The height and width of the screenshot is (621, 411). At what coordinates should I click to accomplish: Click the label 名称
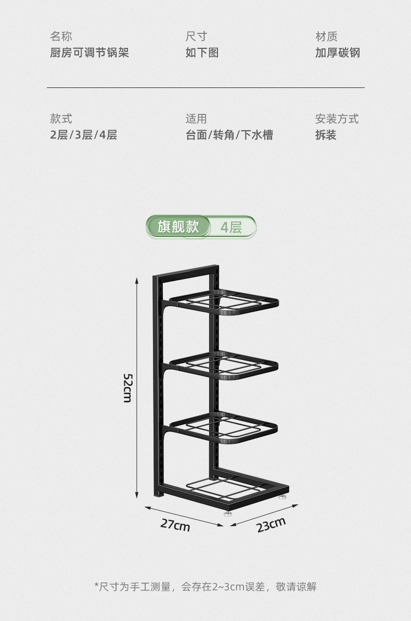tap(61, 36)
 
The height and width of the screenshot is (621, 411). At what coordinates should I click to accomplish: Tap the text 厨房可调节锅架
tap(89, 53)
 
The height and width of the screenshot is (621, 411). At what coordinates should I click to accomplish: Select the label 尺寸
tap(196, 36)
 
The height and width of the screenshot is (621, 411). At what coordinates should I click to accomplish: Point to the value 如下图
tap(202, 53)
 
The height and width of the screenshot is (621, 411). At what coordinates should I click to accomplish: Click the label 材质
tap(326, 36)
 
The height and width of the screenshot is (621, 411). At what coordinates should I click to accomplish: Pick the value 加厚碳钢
tap(337, 53)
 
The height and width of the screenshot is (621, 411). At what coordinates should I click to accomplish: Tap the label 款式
tap(61, 119)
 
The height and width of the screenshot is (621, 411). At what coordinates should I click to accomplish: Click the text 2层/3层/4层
tap(84, 135)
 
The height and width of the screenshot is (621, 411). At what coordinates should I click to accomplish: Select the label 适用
tap(196, 119)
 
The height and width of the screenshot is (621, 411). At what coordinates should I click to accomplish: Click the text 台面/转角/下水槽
tap(229, 135)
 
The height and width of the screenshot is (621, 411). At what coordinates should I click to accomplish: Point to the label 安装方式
tap(337, 119)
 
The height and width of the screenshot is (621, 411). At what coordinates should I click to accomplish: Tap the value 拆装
tap(326, 135)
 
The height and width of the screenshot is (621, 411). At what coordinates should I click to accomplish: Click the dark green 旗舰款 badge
tap(178, 227)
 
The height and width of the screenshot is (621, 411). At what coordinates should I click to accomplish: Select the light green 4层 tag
tap(232, 227)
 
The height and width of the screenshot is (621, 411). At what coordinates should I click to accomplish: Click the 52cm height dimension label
tap(127, 388)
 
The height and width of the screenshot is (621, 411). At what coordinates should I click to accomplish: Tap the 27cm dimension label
tap(175, 525)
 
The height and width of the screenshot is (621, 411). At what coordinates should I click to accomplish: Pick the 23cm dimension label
tap(271, 525)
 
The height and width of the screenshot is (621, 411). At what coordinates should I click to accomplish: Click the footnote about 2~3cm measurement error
tap(205, 587)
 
